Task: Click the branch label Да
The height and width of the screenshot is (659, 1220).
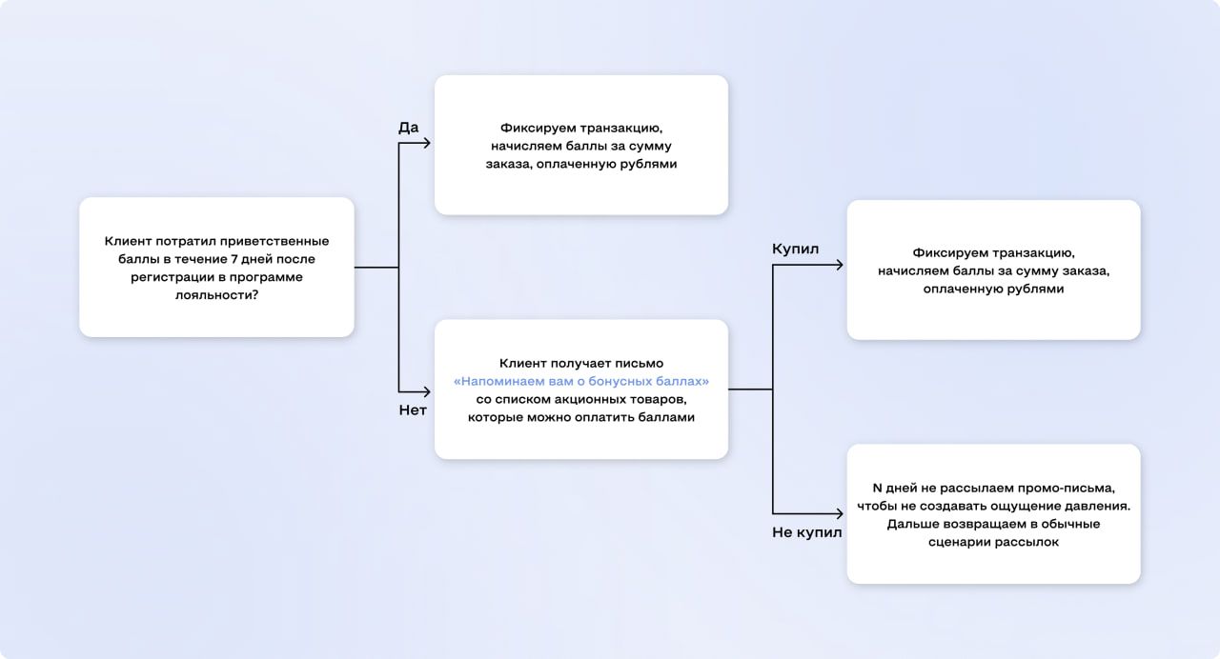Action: (x=408, y=128)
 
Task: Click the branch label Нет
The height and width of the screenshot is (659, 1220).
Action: (x=412, y=410)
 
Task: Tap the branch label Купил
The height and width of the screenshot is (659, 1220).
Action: (x=795, y=249)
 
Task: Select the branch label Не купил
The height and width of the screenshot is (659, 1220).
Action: (x=806, y=532)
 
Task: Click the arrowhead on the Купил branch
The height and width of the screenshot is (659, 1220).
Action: (x=839, y=265)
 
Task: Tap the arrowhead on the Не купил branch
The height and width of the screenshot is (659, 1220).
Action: (x=839, y=513)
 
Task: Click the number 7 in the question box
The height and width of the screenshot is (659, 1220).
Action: (x=234, y=259)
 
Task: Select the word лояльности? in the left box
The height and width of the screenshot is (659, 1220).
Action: (x=216, y=295)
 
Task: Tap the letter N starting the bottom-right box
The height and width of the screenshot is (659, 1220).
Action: (x=877, y=487)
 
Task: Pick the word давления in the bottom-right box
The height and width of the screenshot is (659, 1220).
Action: (x=1097, y=506)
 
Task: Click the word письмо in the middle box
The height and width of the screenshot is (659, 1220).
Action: (x=640, y=363)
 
